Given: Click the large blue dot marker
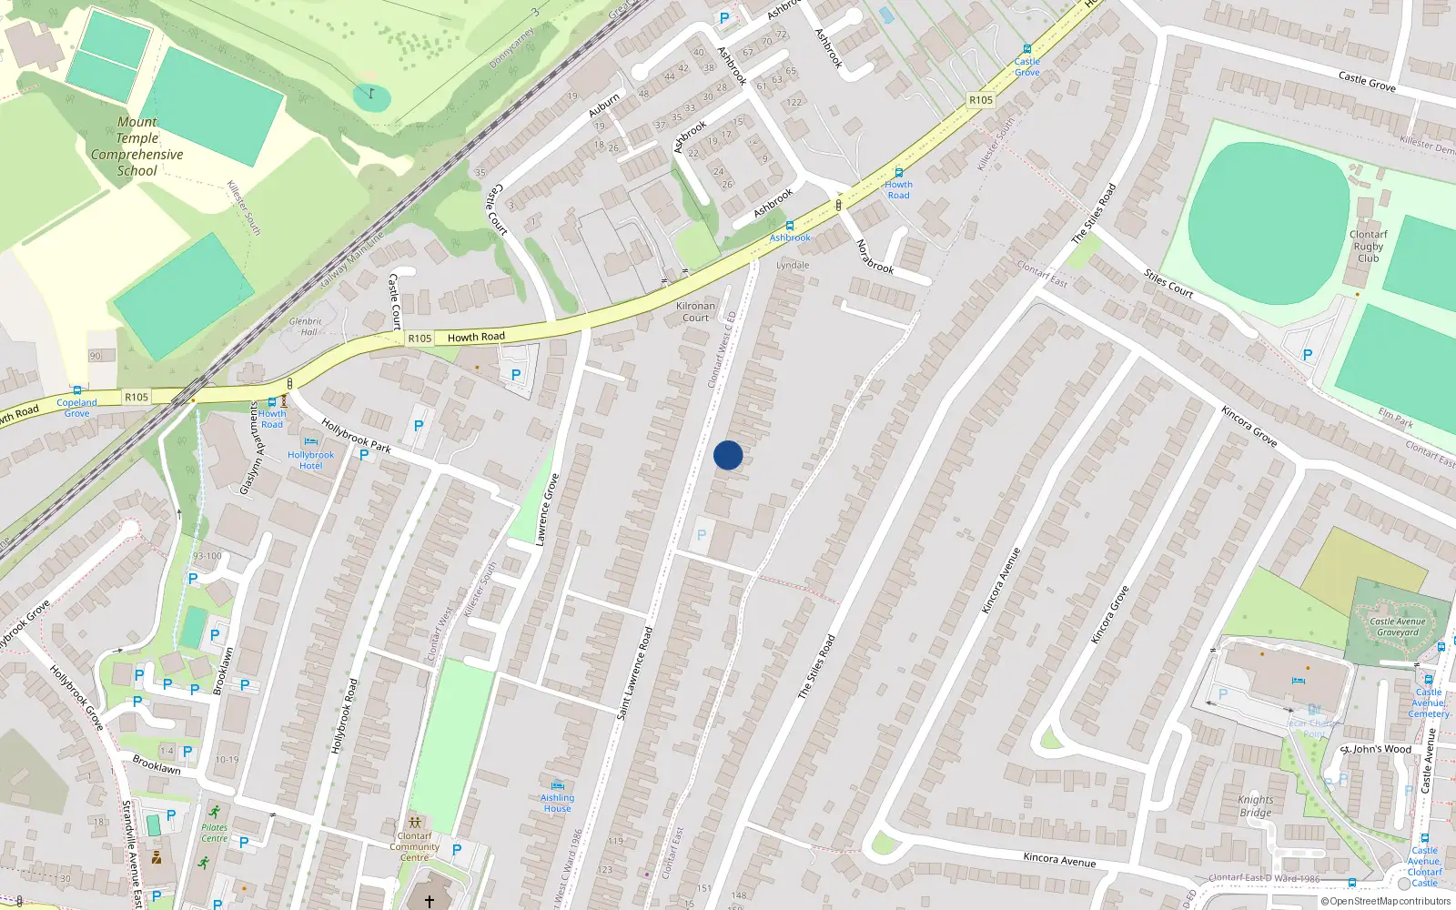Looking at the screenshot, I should coord(728,455).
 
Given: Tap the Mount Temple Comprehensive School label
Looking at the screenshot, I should coord(137,147).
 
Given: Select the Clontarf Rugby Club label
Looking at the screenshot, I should coord(1368,246).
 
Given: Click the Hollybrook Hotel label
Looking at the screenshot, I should coord(310,460).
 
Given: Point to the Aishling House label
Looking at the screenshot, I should coord(557,803).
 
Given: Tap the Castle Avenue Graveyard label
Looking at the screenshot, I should coord(1398,627).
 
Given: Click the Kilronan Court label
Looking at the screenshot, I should coord(695,312).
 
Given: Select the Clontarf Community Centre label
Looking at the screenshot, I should coord(414,846).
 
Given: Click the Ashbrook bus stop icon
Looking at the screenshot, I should coord(789,225).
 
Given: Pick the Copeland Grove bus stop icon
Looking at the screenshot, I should coord(76,390).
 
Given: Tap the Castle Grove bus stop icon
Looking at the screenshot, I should coord(1026,49).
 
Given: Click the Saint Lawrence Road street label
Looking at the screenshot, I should coord(635,673).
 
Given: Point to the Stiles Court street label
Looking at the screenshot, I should coord(1168,284).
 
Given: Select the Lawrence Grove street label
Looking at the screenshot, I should coord(547,510).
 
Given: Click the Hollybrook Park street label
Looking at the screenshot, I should coord(356,436).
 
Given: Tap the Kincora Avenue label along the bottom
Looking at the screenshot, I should coord(1059,859).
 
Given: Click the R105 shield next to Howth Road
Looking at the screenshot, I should coord(420,339).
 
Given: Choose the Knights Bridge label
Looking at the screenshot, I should coord(1255,806).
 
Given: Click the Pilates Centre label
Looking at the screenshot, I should coord(214,833).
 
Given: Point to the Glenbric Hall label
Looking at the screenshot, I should coord(306,327).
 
